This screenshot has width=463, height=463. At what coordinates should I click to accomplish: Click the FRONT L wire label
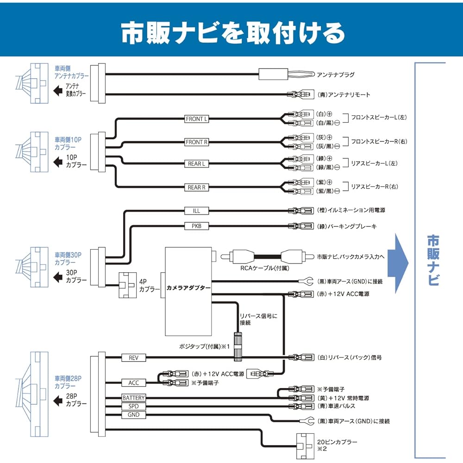(196, 119)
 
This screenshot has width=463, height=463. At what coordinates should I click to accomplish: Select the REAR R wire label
(196, 187)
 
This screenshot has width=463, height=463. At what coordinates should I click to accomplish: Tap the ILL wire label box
(196, 211)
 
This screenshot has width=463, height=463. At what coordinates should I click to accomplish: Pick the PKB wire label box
(196, 226)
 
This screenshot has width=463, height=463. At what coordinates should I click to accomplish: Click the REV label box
(133, 357)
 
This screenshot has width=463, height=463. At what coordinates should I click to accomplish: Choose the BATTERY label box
(133, 398)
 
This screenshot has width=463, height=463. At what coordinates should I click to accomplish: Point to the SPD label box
(133, 406)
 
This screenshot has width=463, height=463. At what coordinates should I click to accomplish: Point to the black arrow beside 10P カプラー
(58, 163)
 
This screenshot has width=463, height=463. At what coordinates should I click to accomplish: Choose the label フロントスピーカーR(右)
(378, 141)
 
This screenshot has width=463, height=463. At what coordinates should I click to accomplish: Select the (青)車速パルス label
(336, 406)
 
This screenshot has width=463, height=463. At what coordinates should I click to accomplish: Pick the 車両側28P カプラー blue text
(68, 382)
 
